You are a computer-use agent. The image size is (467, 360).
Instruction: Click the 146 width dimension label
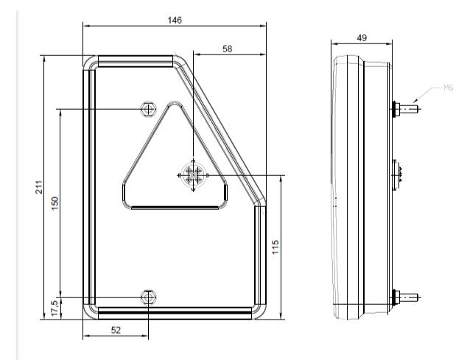175,21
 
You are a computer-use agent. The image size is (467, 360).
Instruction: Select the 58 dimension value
228,49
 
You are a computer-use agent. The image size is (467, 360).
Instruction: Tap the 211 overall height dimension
39,187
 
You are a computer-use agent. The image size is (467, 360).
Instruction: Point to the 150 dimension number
55,203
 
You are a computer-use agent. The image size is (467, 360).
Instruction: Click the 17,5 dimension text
55,308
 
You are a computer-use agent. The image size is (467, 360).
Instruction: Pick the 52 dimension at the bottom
116,330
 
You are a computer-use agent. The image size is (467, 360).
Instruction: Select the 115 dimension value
275,247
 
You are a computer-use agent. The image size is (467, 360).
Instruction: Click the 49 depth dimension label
362,38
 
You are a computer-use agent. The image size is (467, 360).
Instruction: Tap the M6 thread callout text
449,88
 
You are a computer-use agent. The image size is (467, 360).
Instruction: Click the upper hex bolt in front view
148,109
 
